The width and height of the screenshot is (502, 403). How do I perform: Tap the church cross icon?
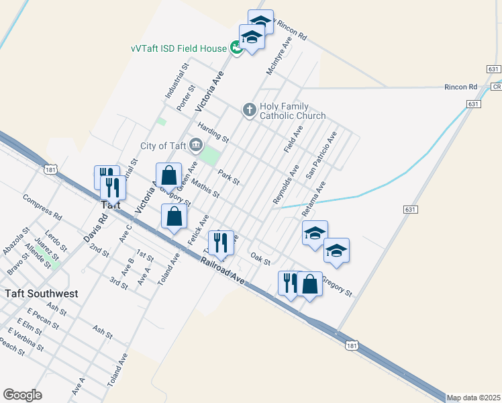coord(249,109)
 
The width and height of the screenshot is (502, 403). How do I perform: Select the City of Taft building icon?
coord(196,144)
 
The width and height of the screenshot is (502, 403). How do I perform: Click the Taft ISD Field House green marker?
coord(236,48)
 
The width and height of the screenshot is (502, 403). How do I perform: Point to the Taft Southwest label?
coord(42,294)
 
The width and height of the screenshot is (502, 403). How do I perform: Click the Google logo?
coord(22,395)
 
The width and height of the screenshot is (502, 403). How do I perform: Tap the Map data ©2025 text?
coord(473,398)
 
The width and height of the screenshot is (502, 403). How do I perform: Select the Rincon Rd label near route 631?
coord(460,87)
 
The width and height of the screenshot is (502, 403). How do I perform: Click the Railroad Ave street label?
coord(222,267)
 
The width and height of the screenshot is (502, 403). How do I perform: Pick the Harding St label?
coord(213,132)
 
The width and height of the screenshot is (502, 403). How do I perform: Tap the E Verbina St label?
coord(26,339)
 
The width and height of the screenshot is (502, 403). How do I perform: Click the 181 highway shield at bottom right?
coord(352,345)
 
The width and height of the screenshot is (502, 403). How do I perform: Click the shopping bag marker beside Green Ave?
coord(169,175)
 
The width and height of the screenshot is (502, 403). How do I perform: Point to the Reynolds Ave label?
coord(285,185)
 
